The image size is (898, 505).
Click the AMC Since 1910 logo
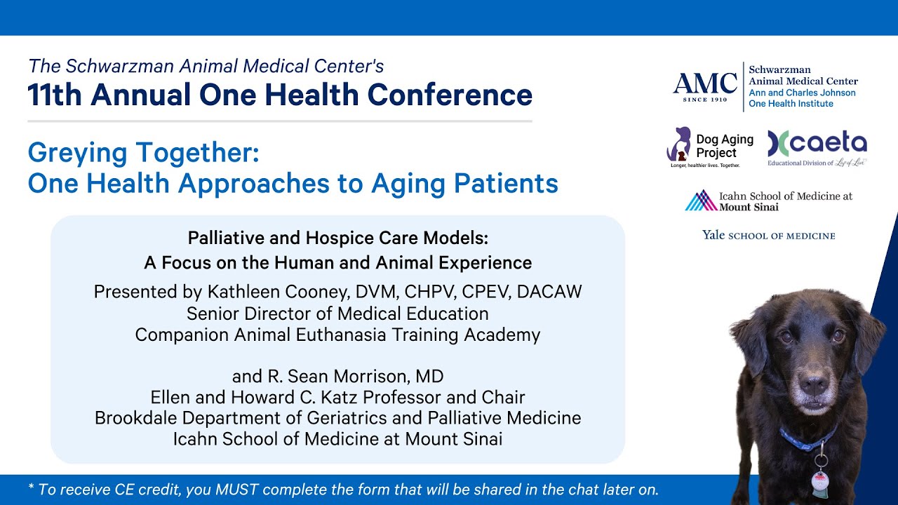click(705, 87)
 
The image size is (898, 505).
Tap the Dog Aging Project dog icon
click(678, 144)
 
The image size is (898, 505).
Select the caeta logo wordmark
click(817, 144)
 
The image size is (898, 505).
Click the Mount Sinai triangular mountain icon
click(701, 200)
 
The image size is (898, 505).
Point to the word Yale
click(713, 235)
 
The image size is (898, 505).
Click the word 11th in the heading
click(55, 95)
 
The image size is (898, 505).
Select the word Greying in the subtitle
click(77, 154)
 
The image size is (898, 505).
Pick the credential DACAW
click(549, 292)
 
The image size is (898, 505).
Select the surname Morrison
click(372, 377)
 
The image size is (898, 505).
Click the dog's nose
click(814, 385)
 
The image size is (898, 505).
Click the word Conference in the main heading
click(450, 95)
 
